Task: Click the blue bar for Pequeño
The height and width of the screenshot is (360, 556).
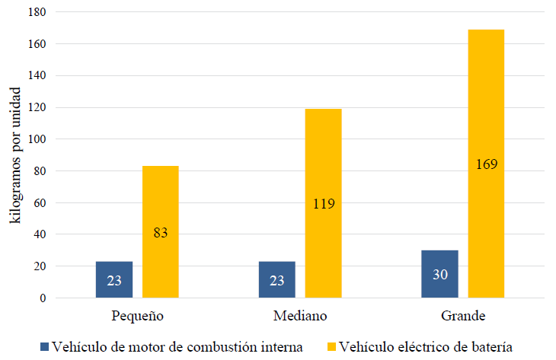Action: [114, 279]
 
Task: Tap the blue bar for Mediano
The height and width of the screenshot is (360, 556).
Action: [277, 279]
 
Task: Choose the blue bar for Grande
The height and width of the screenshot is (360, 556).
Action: [439, 274]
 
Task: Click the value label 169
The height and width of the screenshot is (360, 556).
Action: [486, 164]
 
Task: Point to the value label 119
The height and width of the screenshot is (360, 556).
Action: [323, 203]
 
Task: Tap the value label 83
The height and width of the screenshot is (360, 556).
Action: [160, 232]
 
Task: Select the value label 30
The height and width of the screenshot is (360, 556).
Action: [439, 275]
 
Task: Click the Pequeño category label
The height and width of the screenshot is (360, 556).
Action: [137, 316]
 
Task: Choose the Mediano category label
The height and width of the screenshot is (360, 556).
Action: [299, 316]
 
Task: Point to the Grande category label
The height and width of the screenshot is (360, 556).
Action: [462, 316]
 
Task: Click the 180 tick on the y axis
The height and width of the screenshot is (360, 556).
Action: [36, 13]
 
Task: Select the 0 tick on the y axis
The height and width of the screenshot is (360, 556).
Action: [43, 298]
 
